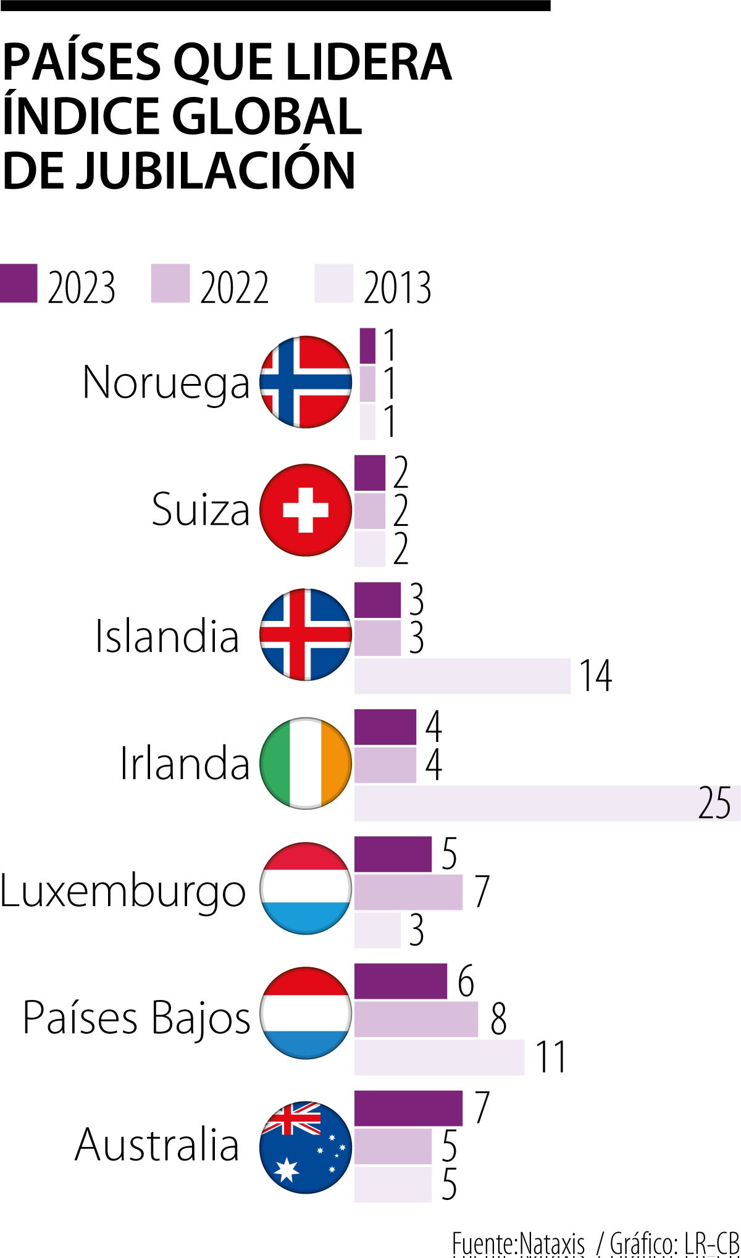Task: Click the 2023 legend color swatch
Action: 19,283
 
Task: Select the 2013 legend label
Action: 397,288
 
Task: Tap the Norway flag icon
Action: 306,382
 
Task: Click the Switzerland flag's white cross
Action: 306,510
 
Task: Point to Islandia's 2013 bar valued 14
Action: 462,676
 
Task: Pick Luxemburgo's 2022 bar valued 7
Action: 408,892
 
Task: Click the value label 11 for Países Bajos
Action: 551,1057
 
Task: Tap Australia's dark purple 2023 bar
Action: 408,1108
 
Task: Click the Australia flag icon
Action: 306,1147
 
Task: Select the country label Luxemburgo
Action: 123,892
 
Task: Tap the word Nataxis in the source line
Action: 552,1244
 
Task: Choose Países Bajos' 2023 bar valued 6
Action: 400,981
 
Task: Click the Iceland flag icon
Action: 306,635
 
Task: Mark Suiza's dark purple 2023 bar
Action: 369,473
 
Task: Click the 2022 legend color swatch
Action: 170,283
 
